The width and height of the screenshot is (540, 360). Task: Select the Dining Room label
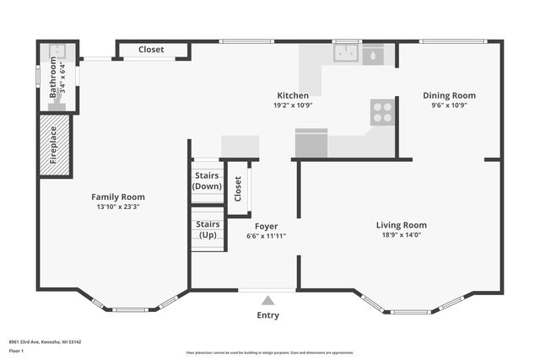(x=449, y=95)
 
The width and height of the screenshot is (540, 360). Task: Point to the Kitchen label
(x=293, y=95)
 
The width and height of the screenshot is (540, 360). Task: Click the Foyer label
(x=266, y=226)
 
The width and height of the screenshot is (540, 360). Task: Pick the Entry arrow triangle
(x=267, y=300)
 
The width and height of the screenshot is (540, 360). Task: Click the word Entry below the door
(x=267, y=315)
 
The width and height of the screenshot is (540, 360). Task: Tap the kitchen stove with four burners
(x=382, y=112)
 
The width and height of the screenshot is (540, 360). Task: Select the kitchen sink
(x=345, y=54)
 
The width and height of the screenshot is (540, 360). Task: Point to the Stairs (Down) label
(x=208, y=180)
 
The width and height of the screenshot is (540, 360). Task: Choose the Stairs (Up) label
(x=208, y=229)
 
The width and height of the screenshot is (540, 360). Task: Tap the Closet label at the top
(x=151, y=50)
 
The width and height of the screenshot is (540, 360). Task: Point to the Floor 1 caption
(x=16, y=350)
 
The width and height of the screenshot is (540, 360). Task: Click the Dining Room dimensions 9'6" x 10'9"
(x=449, y=105)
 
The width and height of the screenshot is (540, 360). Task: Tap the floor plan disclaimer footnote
(x=269, y=352)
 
